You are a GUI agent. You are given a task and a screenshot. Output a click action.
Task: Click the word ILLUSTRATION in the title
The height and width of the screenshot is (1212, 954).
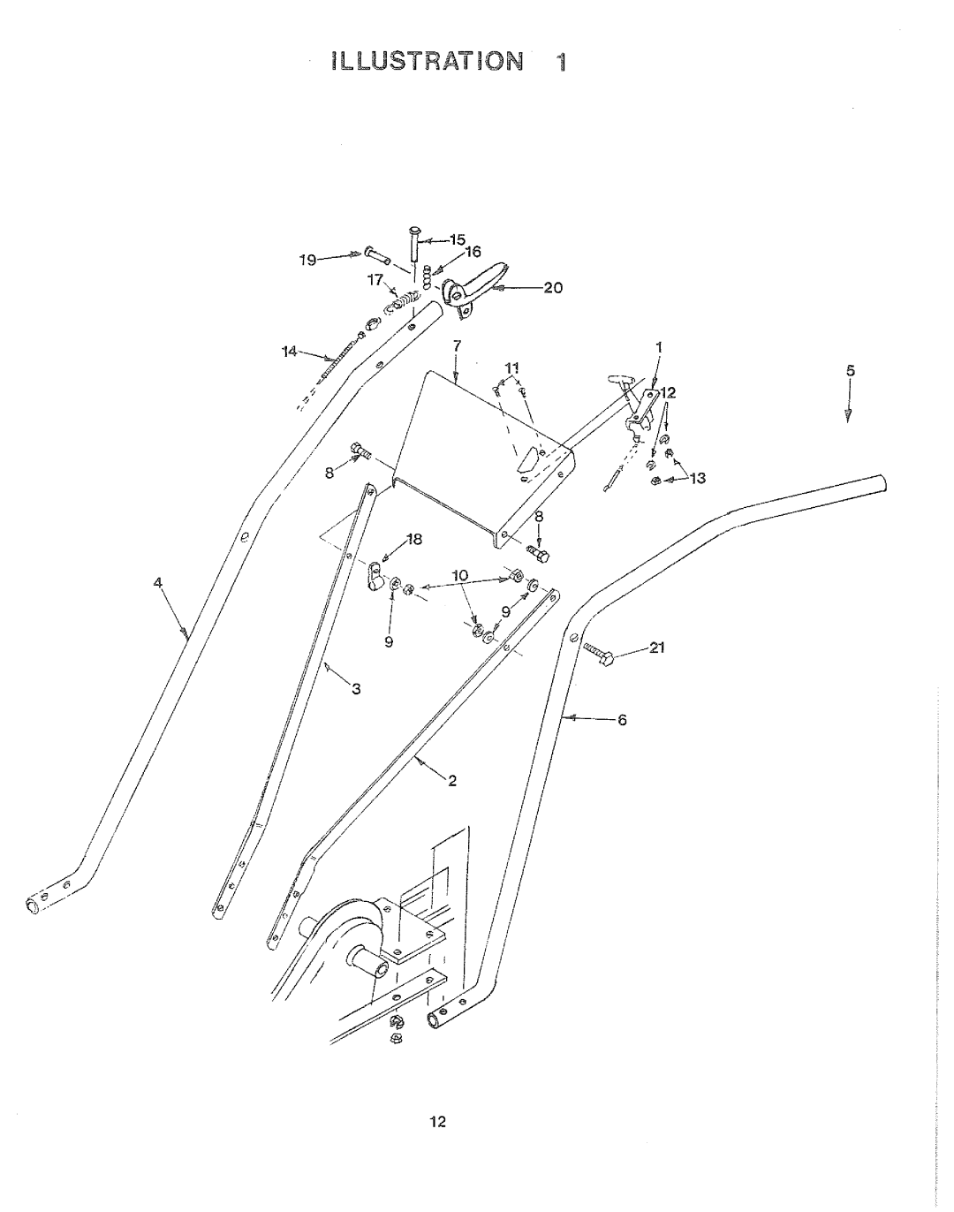click(428, 61)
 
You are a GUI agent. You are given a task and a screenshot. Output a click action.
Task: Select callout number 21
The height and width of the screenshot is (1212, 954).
click(656, 648)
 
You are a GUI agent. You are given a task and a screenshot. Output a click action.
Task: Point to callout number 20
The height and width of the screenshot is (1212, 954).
click(553, 288)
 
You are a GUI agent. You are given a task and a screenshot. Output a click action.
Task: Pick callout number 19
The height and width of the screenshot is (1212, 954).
click(307, 261)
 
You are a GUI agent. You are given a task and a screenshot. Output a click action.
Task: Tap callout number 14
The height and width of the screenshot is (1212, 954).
click(289, 352)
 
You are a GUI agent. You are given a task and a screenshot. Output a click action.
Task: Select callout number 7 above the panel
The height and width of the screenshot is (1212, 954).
click(457, 345)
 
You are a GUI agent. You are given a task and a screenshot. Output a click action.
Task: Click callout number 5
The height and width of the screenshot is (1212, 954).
click(851, 371)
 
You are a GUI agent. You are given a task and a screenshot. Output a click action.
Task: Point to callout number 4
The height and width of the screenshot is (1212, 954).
click(158, 582)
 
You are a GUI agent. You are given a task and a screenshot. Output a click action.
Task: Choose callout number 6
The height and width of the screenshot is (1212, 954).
click(622, 720)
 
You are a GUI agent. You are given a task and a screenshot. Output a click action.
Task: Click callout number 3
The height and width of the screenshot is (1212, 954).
click(356, 688)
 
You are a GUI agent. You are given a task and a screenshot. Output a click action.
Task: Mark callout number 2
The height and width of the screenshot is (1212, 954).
click(451, 781)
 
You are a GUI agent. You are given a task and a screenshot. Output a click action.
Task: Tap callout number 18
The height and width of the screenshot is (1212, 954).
click(414, 540)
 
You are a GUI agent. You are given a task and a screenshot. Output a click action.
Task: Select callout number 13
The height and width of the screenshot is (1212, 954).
click(697, 478)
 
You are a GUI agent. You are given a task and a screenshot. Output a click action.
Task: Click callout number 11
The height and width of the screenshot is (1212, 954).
click(511, 368)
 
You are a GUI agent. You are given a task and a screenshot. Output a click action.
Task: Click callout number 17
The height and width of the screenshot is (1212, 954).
click(375, 280)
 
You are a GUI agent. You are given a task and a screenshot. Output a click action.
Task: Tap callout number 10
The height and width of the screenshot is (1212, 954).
click(460, 575)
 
